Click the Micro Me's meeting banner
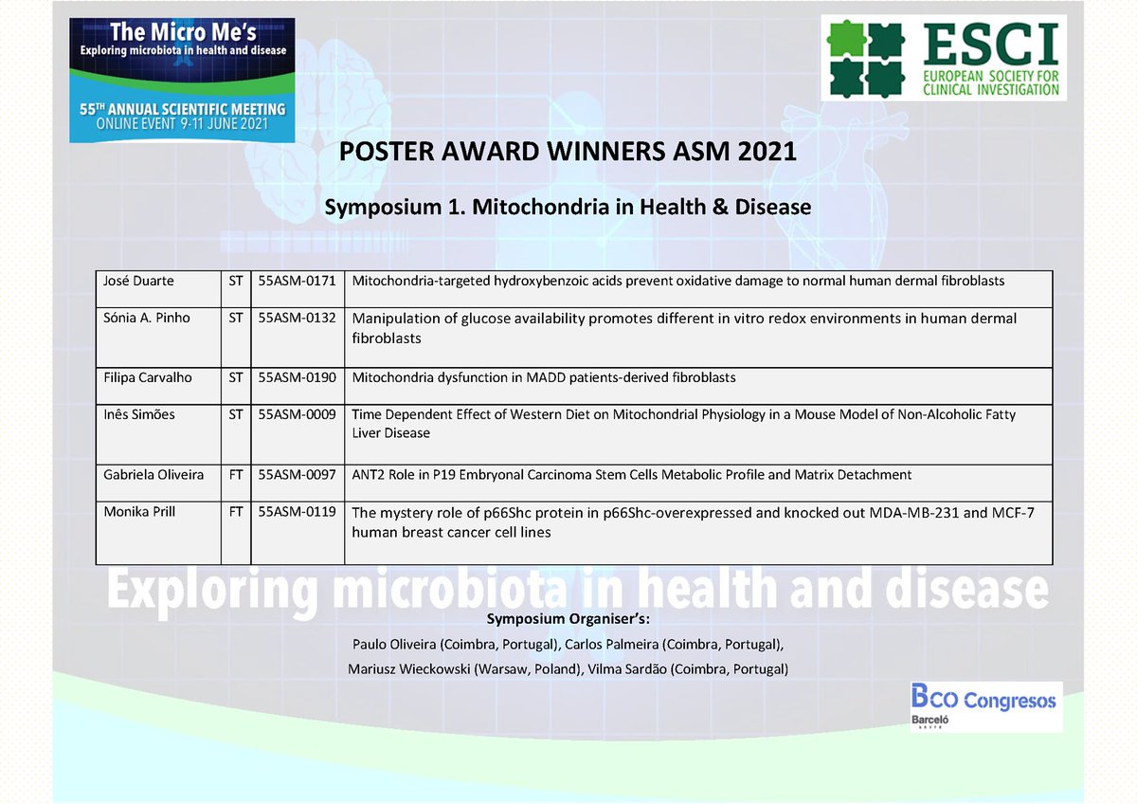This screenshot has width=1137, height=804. (177, 79)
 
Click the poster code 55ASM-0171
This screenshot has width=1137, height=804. (298, 282)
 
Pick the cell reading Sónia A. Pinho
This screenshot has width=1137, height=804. (147, 318)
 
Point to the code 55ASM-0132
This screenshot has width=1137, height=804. (298, 318)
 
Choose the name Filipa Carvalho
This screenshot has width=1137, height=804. (148, 377)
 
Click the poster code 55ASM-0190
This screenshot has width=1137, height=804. (298, 377)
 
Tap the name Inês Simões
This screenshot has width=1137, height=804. (139, 414)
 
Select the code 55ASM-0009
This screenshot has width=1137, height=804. (298, 414)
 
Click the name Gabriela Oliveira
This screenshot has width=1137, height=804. (153, 474)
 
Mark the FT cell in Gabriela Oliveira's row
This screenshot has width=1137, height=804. (236, 474)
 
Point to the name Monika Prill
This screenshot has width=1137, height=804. (138, 512)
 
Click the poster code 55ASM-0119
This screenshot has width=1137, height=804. (298, 512)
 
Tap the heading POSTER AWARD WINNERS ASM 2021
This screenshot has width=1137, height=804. (568, 151)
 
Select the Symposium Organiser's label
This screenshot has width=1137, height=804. (568, 620)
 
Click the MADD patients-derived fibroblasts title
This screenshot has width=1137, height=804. (544, 377)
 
